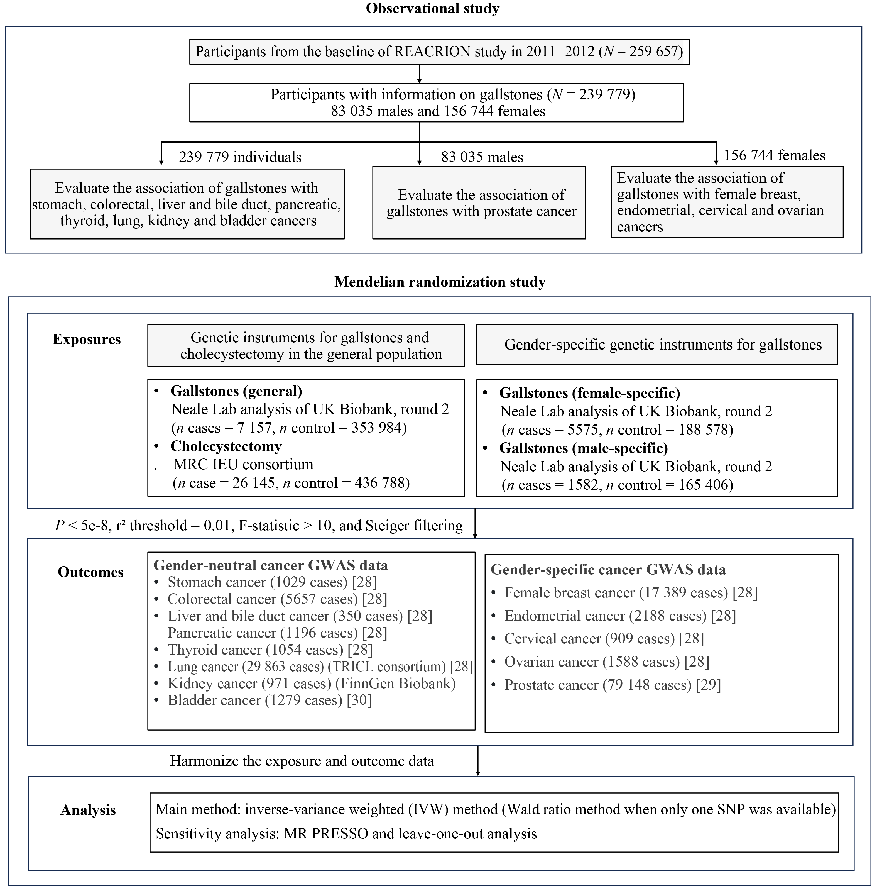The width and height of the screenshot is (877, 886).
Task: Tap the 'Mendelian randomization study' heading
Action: (x=440, y=282)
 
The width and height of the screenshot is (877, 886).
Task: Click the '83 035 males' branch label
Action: (x=482, y=157)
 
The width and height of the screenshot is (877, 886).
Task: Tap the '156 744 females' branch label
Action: (x=774, y=155)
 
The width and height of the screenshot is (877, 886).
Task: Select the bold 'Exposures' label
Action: (x=87, y=339)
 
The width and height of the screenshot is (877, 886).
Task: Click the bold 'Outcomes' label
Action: (x=90, y=572)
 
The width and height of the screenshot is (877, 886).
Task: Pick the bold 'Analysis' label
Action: (x=88, y=810)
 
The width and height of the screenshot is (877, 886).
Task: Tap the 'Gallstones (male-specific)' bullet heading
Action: (x=583, y=448)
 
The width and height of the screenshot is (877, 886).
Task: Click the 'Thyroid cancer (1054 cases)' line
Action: (x=255, y=650)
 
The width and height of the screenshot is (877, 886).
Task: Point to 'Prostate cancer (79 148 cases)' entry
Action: (x=597, y=685)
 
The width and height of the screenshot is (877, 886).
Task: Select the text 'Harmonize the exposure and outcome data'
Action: (x=302, y=761)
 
